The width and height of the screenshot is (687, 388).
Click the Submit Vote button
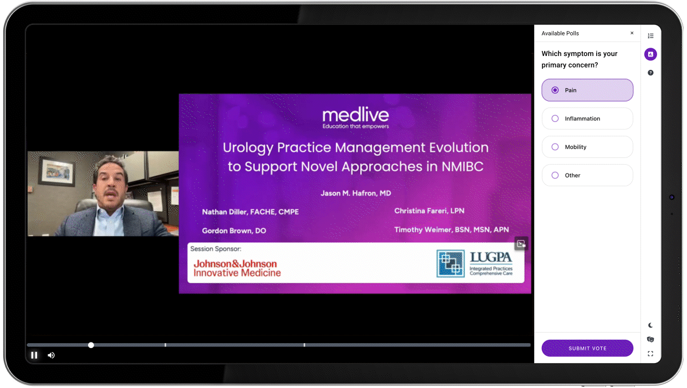coord(587,348)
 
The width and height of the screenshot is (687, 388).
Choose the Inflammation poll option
coord(587,119)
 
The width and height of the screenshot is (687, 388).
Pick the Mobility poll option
coord(587,147)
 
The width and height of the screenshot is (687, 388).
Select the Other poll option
coord(587,175)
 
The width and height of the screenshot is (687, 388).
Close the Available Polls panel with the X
coord(632,33)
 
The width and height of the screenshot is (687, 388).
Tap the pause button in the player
coord(34,355)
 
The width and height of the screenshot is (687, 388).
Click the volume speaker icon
coord(51,355)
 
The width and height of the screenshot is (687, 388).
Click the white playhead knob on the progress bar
coord(91,345)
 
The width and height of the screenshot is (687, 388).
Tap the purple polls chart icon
coord(650,54)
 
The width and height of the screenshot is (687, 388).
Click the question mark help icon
coord(650,73)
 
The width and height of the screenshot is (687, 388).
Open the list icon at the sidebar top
coord(650,36)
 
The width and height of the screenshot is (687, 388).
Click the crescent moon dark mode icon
coord(650,325)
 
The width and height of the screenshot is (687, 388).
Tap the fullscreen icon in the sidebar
coord(650,354)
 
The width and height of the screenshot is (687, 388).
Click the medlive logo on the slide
coord(356,118)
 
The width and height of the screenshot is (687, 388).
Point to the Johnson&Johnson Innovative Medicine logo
coord(237,268)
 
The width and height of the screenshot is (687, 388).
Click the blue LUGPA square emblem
coord(450,263)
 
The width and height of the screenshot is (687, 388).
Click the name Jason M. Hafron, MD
coord(356,193)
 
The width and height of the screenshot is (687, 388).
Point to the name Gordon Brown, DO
coord(234,231)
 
